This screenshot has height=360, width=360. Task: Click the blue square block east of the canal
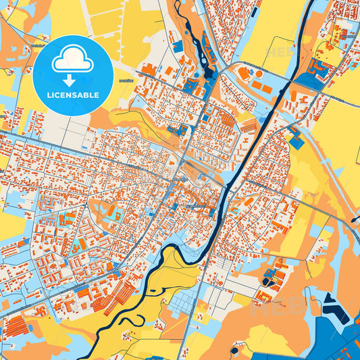point(297,143)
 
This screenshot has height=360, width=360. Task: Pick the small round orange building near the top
point(259,73)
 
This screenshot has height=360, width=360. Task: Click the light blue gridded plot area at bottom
point(182,303)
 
